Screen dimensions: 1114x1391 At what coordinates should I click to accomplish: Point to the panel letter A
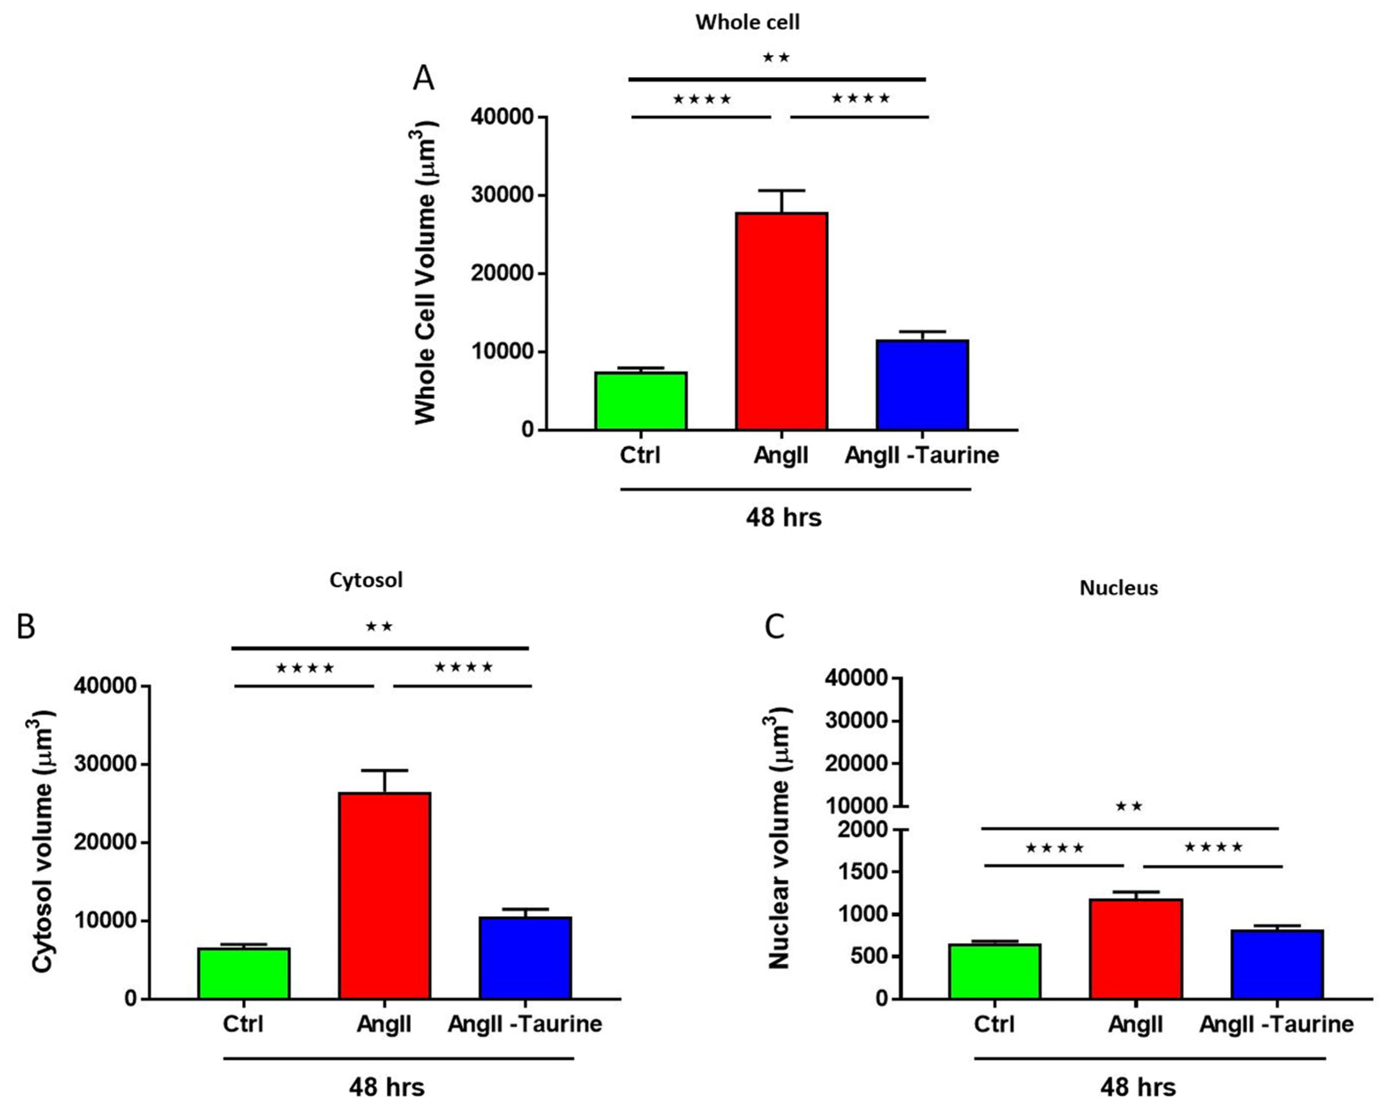point(423,78)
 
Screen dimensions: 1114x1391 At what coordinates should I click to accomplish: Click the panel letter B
point(26,626)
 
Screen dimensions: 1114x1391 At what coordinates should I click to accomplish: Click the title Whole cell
point(747,22)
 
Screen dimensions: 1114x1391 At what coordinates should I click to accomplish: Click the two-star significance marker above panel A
point(776,57)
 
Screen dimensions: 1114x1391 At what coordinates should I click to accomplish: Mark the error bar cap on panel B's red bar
point(385,770)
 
